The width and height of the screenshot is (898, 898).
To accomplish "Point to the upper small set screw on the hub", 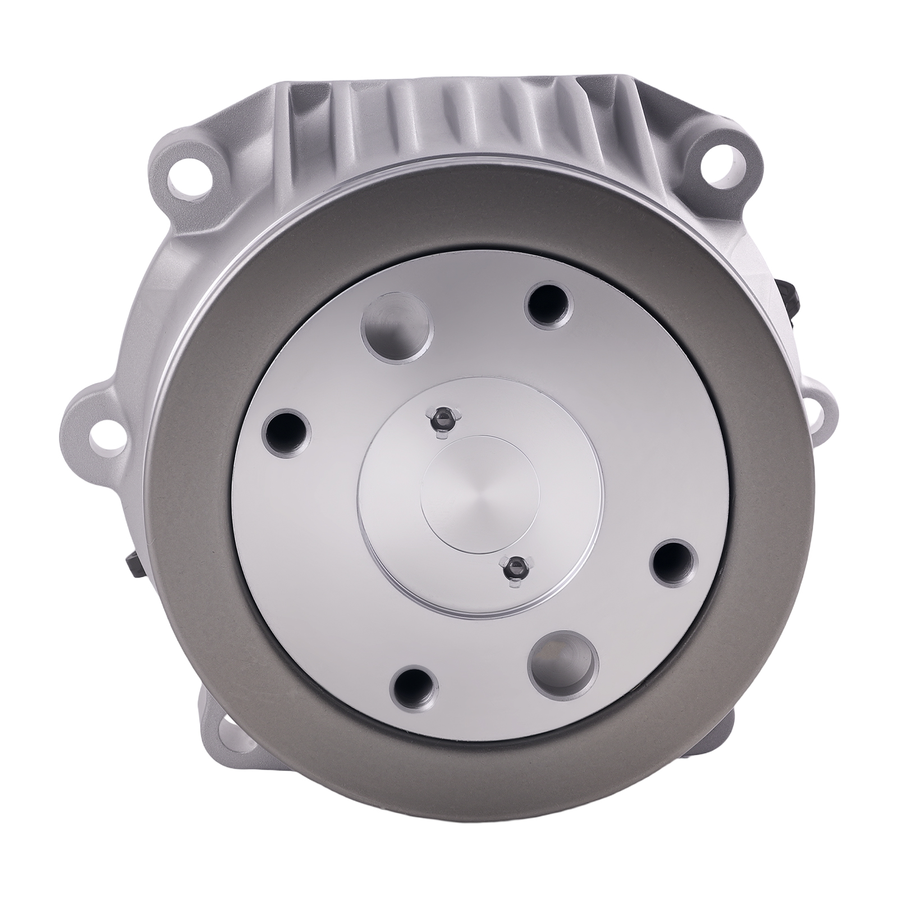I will [x=442, y=417].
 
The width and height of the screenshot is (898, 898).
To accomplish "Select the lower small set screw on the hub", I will [x=513, y=571].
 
